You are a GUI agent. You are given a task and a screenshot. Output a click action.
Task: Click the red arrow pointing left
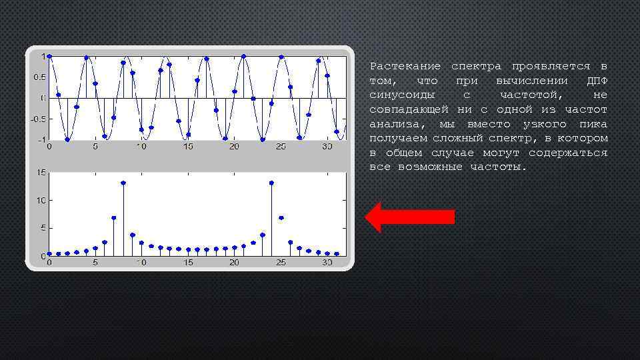(x=411, y=217)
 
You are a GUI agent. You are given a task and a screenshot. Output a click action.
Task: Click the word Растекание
(x=405, y=67)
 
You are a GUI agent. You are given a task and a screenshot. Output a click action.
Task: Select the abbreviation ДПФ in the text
(x=597, y=81)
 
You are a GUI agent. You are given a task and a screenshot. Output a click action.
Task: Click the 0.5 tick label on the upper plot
(x=40, y=77)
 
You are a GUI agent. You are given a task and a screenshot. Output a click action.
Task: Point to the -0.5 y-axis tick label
(x=39, y=119)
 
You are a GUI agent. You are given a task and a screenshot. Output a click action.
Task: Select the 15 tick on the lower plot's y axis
(x=41, y=173)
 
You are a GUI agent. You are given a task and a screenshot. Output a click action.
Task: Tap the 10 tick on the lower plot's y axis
(x=41, y=201)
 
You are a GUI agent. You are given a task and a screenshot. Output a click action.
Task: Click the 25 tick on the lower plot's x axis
(x=281, y=263)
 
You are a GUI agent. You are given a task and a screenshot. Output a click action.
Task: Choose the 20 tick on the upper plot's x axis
(x=234, y=147)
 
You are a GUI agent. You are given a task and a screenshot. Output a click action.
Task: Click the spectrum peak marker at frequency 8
(x=123, y=183)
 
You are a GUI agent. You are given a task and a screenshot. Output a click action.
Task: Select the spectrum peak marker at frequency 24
(x=271, y=183)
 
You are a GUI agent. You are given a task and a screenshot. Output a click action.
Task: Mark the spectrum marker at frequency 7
(x=114, y=218)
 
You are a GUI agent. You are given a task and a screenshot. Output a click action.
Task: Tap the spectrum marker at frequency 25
(x=281, y=218)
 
